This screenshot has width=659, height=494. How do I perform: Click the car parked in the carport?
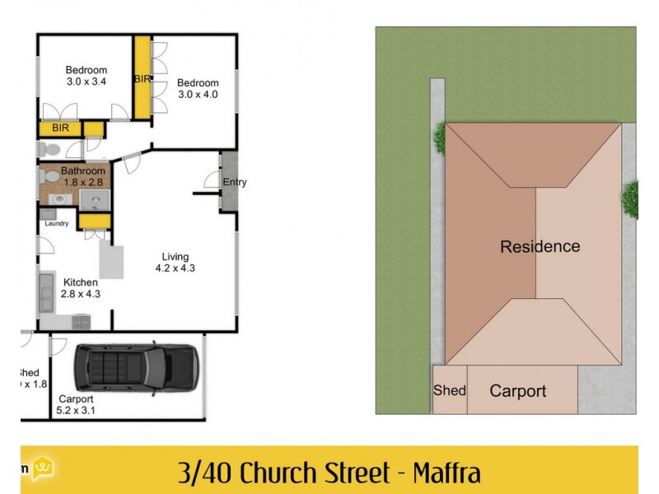coord(136,367)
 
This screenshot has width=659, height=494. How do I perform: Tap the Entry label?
coord(234,183)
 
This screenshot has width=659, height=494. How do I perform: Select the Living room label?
coord(175,255)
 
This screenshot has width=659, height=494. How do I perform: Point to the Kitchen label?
coord(81,282)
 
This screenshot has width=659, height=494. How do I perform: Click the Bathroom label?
coord(83,171)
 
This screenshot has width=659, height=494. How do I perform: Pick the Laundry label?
coord(56,223)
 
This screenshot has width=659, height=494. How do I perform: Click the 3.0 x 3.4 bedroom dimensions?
coord(86,82)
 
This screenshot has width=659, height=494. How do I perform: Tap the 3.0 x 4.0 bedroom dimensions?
coord(198,95)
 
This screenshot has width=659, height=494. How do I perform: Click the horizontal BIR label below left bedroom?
coord(60,128)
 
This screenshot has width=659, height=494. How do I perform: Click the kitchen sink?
coord(46,290)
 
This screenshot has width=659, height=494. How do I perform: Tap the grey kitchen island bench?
coord(111,261)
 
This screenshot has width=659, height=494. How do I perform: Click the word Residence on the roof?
coord(540,246)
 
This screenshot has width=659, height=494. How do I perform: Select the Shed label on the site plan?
coord(450,390)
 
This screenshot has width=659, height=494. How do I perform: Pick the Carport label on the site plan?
coord(517,391)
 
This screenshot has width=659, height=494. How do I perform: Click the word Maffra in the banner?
coord(446,473)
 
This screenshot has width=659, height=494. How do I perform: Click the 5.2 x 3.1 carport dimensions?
coord(76,411)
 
